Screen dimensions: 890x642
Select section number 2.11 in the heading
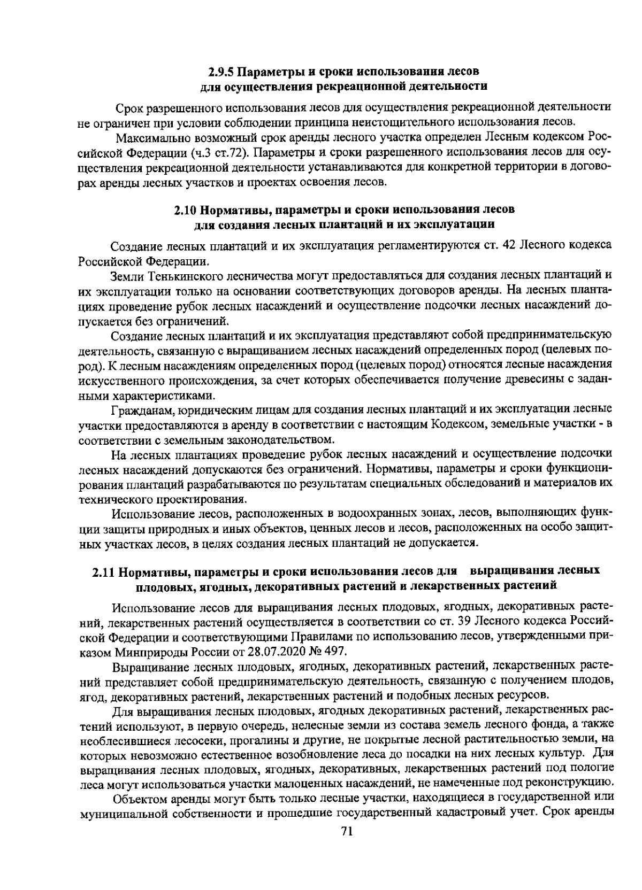103,571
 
